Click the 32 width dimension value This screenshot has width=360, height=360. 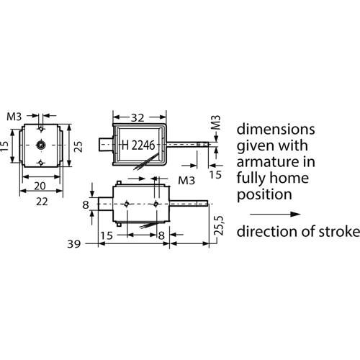tap(138, 117)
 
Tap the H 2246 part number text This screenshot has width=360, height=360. tap(138, 145)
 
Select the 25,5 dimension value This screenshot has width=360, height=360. tap(219, 225)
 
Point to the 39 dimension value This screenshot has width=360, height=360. tap(73, 244)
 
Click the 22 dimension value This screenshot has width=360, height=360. tap(42, 202)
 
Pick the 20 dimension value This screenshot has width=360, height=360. tap(40, 186)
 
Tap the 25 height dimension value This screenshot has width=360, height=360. tap(78, 147)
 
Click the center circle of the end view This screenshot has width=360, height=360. tap(40, 145)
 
